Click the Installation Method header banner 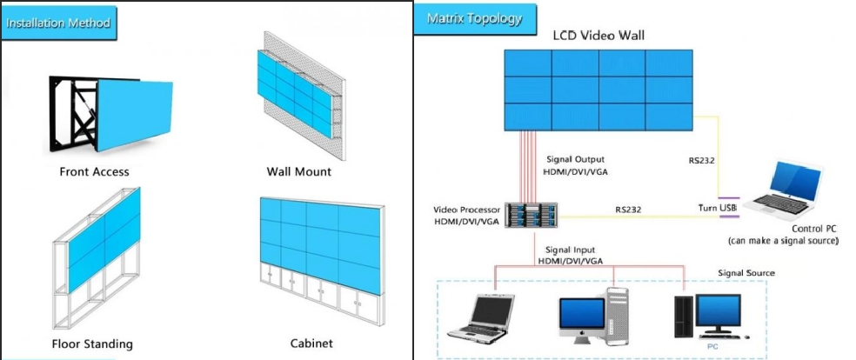tap(58, 23)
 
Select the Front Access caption tap(94, 171)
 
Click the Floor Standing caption tap(91, 343)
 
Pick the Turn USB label tap(718, 210)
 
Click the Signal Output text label tap(574, 159)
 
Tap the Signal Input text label tap(570, 250)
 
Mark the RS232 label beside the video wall tap(701, 160)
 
